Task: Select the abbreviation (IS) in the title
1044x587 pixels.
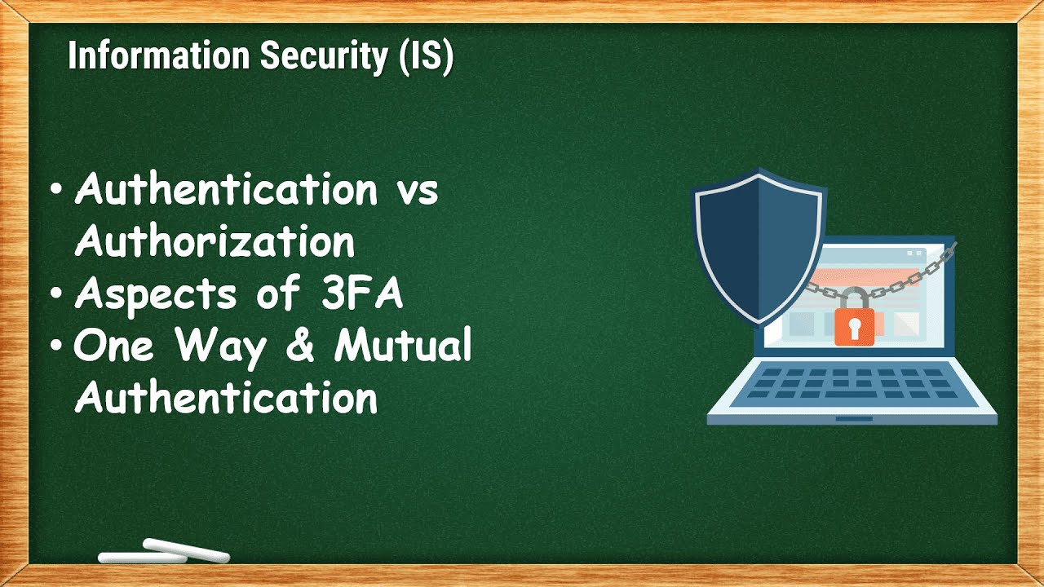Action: tap(426, 58)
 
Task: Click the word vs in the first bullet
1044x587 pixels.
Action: tap(416, 191)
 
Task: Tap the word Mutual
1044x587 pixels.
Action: tap(403, 346)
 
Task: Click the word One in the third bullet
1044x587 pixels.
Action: tap(113, 347)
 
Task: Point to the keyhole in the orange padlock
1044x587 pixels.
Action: tap(853, 328)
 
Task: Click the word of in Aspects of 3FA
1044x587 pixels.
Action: tap(276, 295)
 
